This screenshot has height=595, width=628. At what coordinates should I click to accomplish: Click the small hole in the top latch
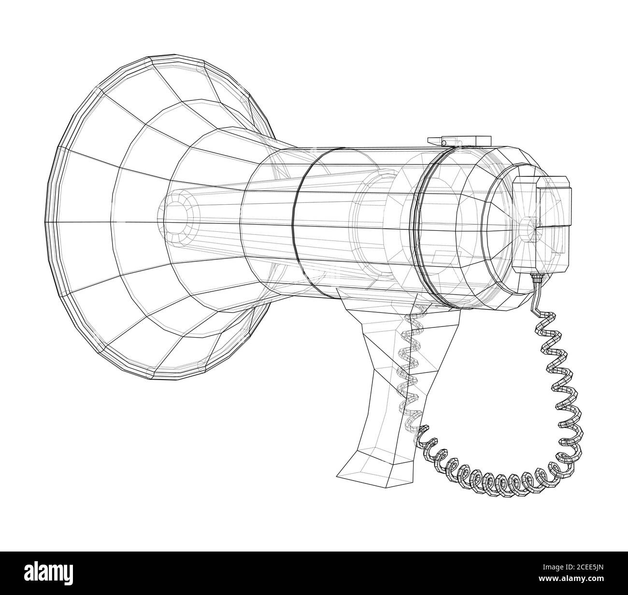pos(443,143)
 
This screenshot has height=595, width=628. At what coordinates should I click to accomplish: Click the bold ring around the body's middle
pos(296,212)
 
